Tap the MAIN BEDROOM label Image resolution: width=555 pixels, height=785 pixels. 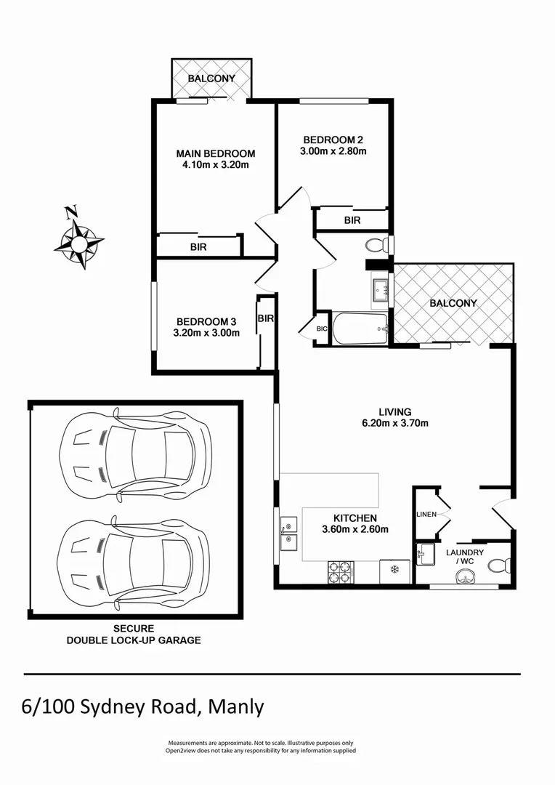pos(216,153)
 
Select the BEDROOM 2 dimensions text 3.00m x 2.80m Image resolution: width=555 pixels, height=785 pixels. pos(333,152)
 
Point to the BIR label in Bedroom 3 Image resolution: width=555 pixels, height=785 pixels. pos(265,318)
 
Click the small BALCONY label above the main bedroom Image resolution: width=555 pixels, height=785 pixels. pos(211,78)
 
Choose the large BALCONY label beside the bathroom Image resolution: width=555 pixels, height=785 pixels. pos(453,303)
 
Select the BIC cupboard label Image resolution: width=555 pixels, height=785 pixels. pos(322,329)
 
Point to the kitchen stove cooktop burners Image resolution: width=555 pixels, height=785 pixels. pos(341,571)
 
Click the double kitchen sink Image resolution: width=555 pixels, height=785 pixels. pos(288,532)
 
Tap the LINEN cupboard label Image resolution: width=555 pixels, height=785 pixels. pos(426,515)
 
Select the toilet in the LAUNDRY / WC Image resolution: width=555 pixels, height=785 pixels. pos(498,565)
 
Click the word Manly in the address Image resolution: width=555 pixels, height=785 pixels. pos(236,706)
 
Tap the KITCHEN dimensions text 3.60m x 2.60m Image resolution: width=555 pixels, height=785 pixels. pos(355,529)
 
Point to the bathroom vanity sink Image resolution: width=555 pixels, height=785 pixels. pos(380,293)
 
